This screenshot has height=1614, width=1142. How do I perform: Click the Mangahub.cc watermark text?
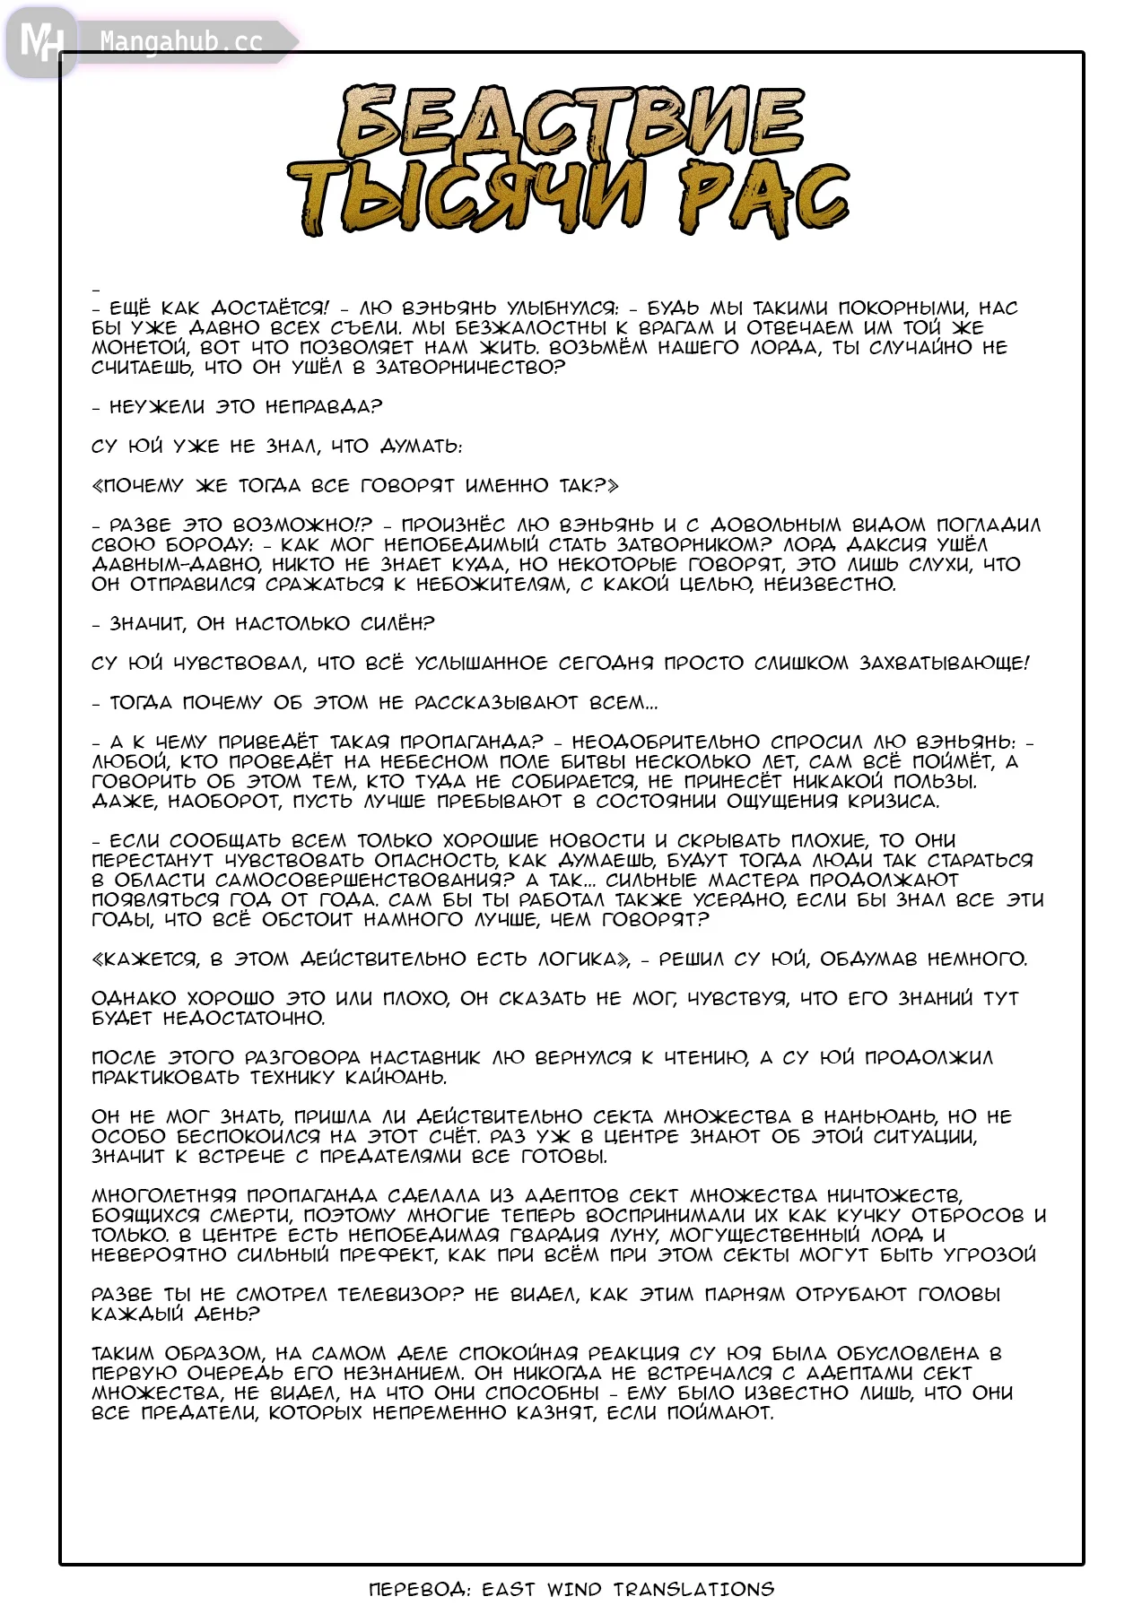click(181, 42)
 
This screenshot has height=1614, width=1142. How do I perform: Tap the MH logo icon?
click(41, 41)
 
